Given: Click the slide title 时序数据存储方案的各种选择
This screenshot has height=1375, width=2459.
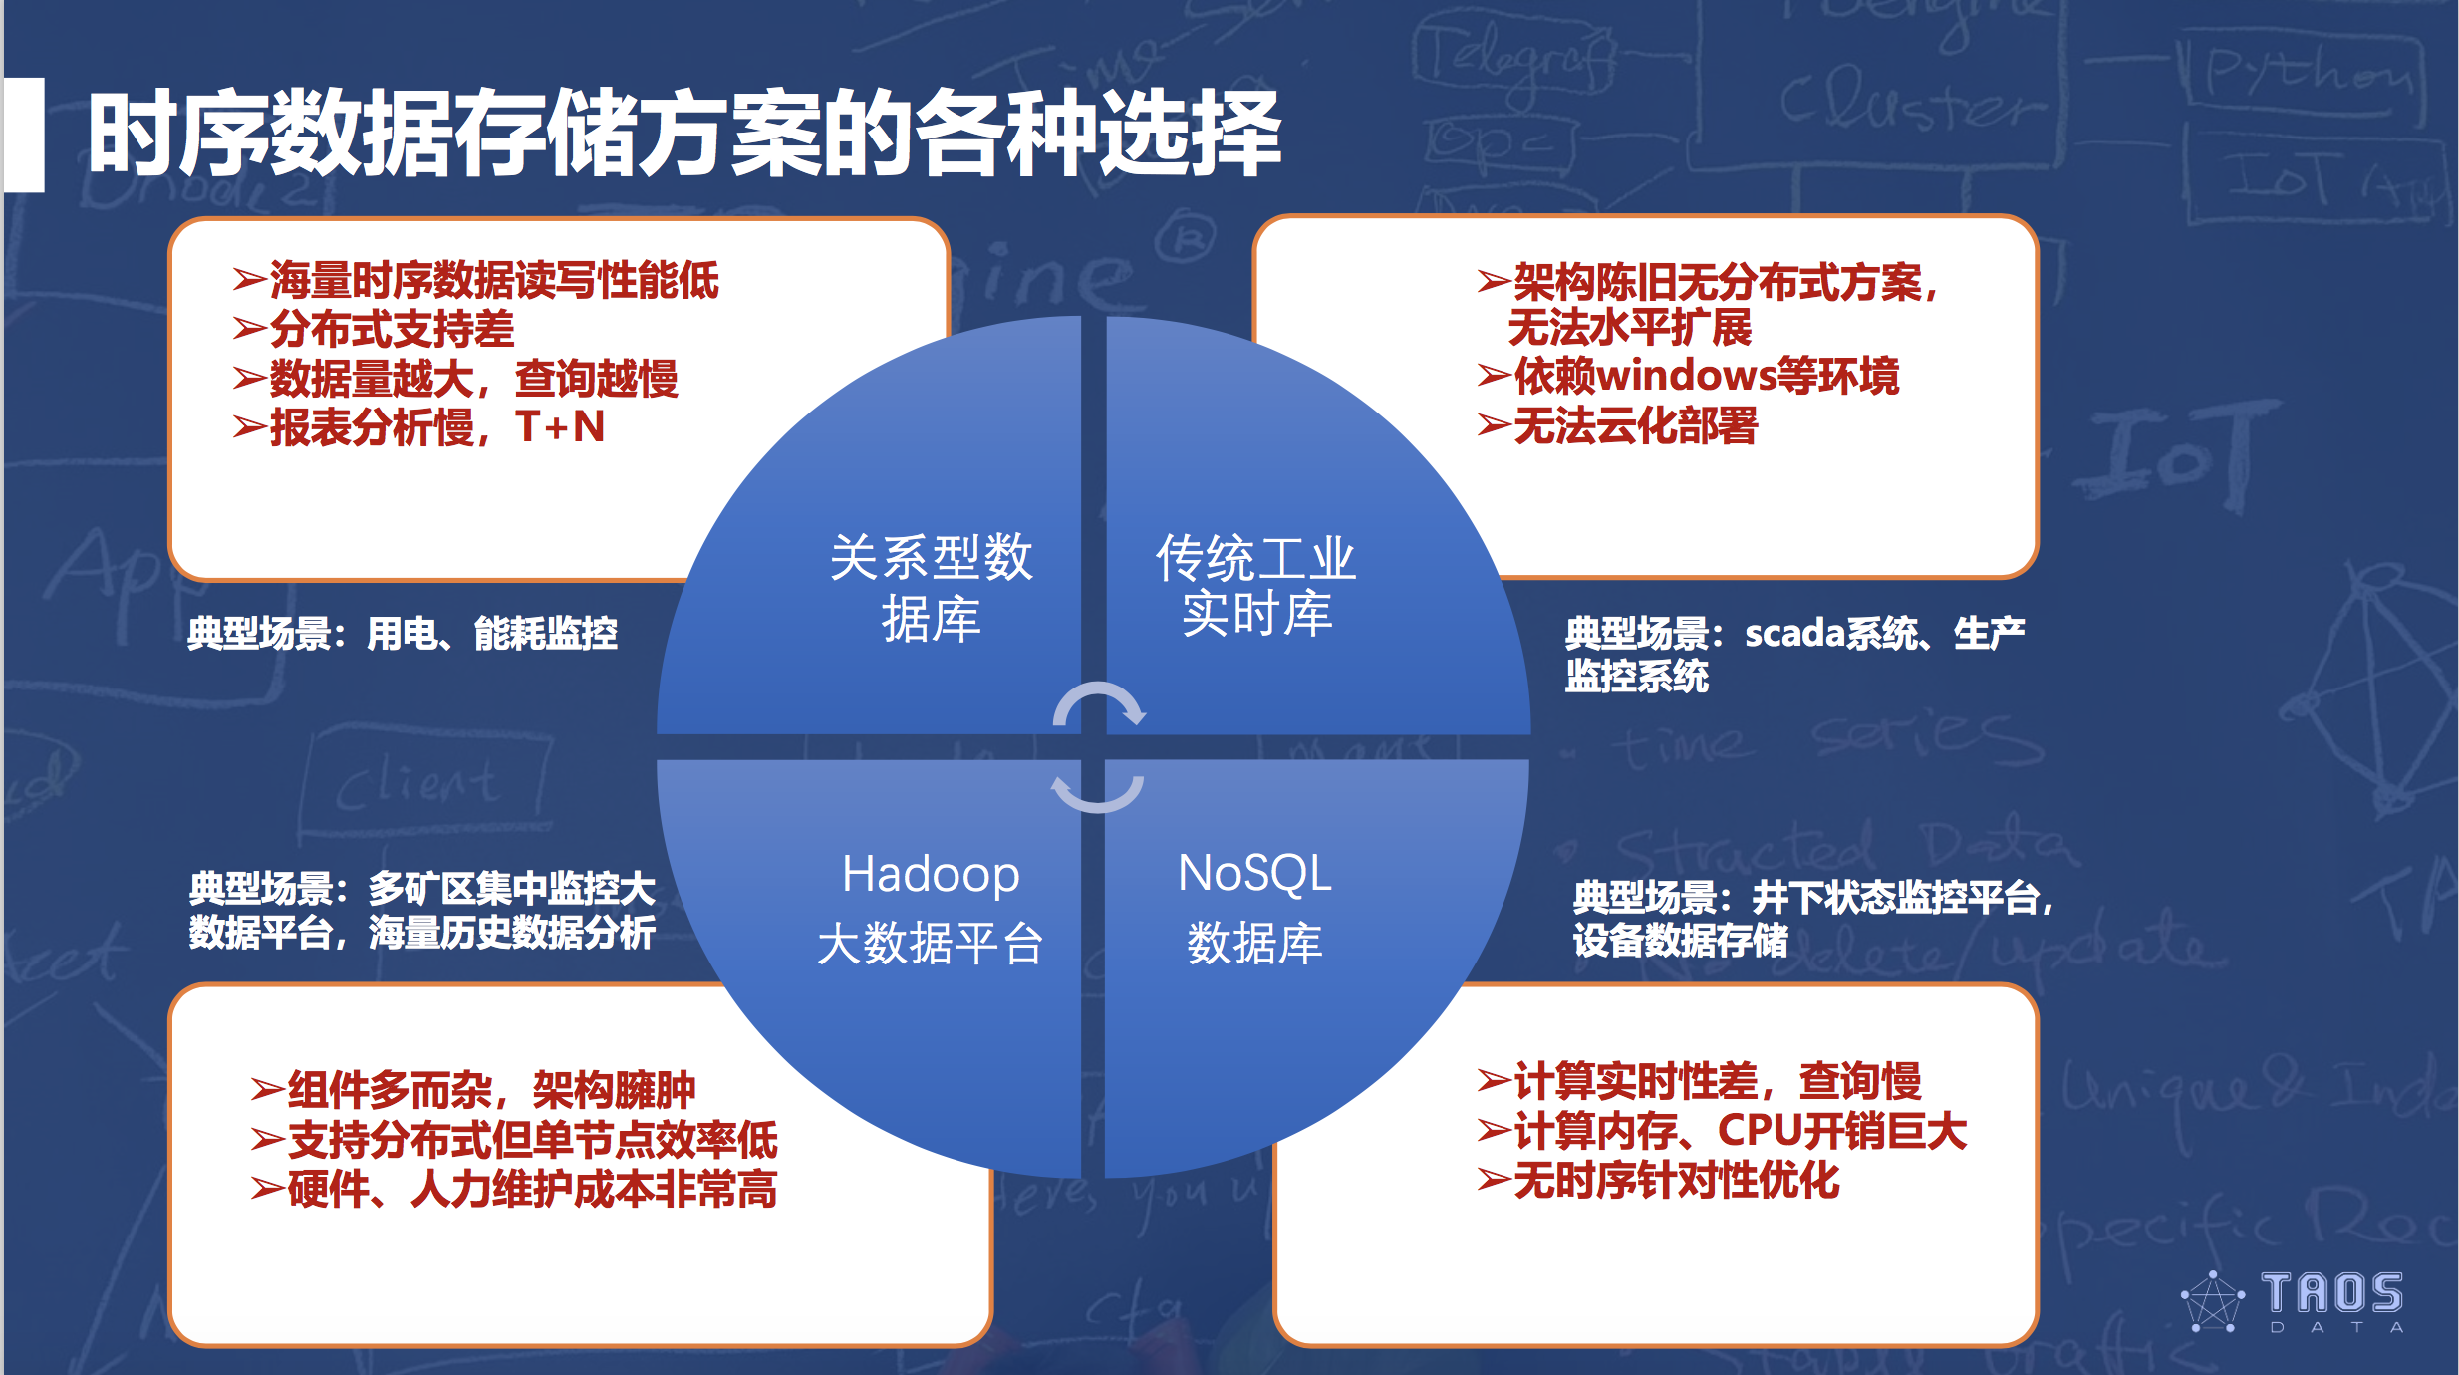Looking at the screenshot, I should coord(683,135).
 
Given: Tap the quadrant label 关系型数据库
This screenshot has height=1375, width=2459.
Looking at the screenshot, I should coord(931,587).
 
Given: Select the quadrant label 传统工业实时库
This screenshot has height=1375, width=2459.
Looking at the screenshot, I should coord(1255,585).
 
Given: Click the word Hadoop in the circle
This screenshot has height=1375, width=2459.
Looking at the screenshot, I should coord(931,874).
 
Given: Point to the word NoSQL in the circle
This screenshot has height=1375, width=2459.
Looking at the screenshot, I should coord(1254,873).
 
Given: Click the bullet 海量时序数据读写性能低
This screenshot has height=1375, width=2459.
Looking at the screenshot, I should coord(494,280).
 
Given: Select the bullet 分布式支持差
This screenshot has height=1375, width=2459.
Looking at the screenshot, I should coord(392,329).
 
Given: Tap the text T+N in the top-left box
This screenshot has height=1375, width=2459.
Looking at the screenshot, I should coord(560,427).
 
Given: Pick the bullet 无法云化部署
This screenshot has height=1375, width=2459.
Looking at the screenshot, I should coord(1634,426).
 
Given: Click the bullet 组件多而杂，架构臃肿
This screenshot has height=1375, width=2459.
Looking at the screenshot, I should coord(490,1090).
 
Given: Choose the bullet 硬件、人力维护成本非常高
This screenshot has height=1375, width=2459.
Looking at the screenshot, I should coord(531,1189).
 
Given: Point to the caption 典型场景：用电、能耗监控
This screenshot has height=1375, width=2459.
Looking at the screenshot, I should coord(403,634).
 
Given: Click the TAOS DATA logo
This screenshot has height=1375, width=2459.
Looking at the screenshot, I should coord(2292,1300).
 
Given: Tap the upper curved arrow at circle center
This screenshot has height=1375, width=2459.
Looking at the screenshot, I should coord(1098,702).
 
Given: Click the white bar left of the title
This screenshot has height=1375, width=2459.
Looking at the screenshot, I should coord(24,135).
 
